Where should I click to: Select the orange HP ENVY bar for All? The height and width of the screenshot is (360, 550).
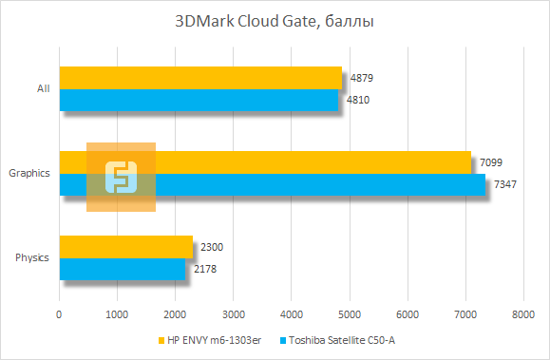coord(200,78)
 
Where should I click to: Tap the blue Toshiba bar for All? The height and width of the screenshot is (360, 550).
coord(199,100)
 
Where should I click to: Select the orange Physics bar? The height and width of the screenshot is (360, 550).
coord(125,247)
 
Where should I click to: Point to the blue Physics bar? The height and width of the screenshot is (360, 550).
coord(123,269)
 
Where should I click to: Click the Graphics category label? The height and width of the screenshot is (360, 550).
coord(28,173)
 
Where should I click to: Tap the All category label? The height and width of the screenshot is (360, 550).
coord(43,88)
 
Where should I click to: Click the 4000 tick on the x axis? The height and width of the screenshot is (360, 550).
coord(292,314)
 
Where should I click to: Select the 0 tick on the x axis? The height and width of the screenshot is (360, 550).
coord(60,314)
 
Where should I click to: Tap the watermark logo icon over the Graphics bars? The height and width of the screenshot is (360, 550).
coord(121,178)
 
